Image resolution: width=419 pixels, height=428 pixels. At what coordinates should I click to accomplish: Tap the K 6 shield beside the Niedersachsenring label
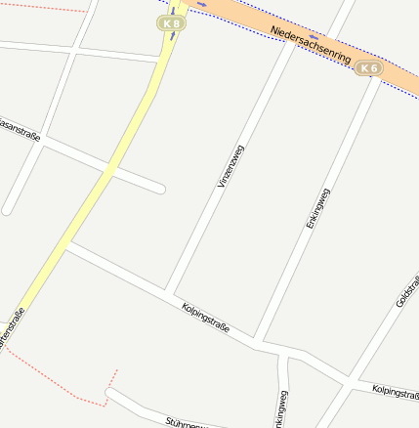click(x=368, y=67)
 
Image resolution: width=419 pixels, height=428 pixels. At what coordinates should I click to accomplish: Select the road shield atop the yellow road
click(x=173, y=22)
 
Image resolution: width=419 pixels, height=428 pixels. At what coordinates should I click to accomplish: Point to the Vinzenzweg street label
click(x=230, y=165)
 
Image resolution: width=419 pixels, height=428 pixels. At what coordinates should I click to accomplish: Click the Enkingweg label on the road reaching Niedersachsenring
click(x=318, y=208)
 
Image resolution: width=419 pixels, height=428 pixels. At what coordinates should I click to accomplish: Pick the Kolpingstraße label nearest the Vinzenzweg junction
click(x=205, y=318)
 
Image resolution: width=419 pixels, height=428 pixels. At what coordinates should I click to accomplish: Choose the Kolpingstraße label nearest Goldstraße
click(x=396, y=392)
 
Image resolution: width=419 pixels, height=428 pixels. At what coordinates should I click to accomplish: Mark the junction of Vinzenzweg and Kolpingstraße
click(x=169, y=292)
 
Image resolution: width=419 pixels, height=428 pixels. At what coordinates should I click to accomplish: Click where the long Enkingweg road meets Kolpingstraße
click(x=257, y=339)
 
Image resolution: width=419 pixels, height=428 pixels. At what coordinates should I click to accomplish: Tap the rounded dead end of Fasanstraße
click(x=160, y=188)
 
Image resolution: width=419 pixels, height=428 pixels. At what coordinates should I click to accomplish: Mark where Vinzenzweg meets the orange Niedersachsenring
click(x=292, y=39)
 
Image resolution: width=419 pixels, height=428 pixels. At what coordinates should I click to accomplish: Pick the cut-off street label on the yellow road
click(x=11, y=328)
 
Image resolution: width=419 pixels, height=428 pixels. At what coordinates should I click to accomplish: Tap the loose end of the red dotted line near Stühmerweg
click(x=117, y=370)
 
